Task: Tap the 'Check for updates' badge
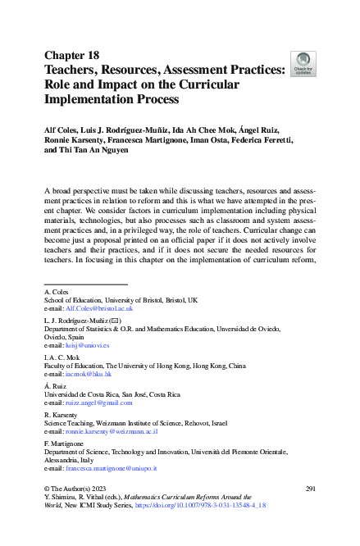coord(303,63)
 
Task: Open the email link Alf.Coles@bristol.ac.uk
coord(98,308)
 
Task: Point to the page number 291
coord(310,488)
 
